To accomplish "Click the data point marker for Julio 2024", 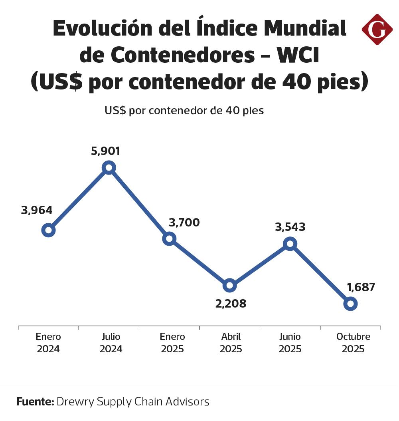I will [x=109, y=168].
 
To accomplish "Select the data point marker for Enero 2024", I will [x=48, y=230].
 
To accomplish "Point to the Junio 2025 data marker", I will [x=290, y=244].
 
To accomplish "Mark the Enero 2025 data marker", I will [x=169, y=239].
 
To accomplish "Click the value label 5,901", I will [x=105, y=151].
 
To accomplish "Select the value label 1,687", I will [x=361, y=287].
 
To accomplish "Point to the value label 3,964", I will [x=37, y=210].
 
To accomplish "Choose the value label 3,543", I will [x=290, y=227].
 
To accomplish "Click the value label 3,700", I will [x=184, y=222].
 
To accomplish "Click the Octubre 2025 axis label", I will [x=353, y=343].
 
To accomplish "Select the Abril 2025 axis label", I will [x=231, y=343].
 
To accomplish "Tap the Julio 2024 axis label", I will [x=111, y=343].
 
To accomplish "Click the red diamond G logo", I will [x=377, y=29].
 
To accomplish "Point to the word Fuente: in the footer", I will [x=35, y=401].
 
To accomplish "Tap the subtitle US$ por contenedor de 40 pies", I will [x=184, y=111].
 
